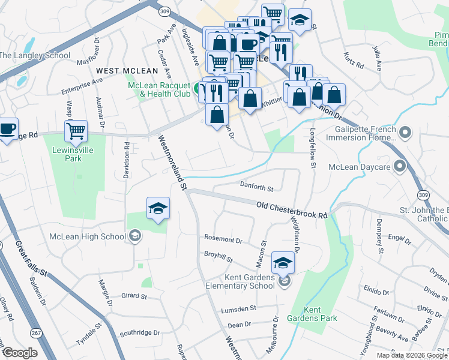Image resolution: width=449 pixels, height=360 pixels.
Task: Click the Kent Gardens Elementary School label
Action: click(249, 281)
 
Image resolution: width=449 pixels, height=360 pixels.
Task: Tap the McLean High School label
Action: click(88, 236)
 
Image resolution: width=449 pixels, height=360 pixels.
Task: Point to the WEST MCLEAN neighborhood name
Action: click(122, 71)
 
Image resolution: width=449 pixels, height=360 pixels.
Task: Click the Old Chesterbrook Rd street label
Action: click(292, 209)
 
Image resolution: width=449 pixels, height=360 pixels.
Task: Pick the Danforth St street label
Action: click(256, 187)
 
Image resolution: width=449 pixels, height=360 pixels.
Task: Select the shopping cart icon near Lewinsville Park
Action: click(76, 130)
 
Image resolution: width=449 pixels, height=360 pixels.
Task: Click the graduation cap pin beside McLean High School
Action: click(158, 208)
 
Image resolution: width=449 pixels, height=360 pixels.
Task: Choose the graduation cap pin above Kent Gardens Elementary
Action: click(283, 262)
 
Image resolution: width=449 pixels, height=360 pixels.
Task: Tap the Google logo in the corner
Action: click(20, 353)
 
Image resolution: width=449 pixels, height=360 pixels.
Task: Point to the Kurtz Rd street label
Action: click(354, 60)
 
